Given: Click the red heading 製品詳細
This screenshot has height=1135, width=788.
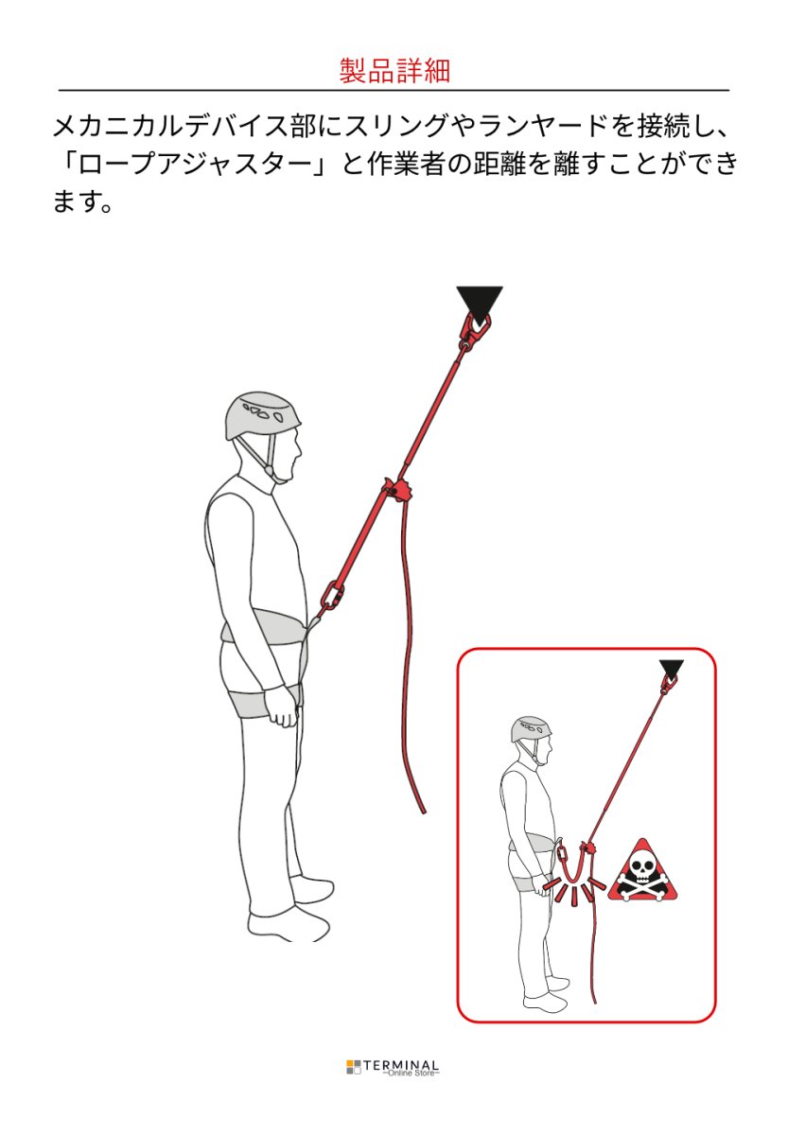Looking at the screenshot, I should point(394,70).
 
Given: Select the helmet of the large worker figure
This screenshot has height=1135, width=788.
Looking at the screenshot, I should point(263,414).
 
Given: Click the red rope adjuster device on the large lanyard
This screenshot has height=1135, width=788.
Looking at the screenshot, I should point(397,492).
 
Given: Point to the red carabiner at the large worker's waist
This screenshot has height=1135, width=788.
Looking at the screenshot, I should point(331,597).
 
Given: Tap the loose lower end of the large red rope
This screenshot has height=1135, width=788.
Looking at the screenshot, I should point(421,804).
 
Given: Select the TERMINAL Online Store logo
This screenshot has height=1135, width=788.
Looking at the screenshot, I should point(394,1068).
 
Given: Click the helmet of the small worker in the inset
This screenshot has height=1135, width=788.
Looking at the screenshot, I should point(531,728).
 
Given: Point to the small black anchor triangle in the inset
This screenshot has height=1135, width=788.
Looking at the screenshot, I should point(672,669).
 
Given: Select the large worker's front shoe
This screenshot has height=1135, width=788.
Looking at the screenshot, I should point(289,922).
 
